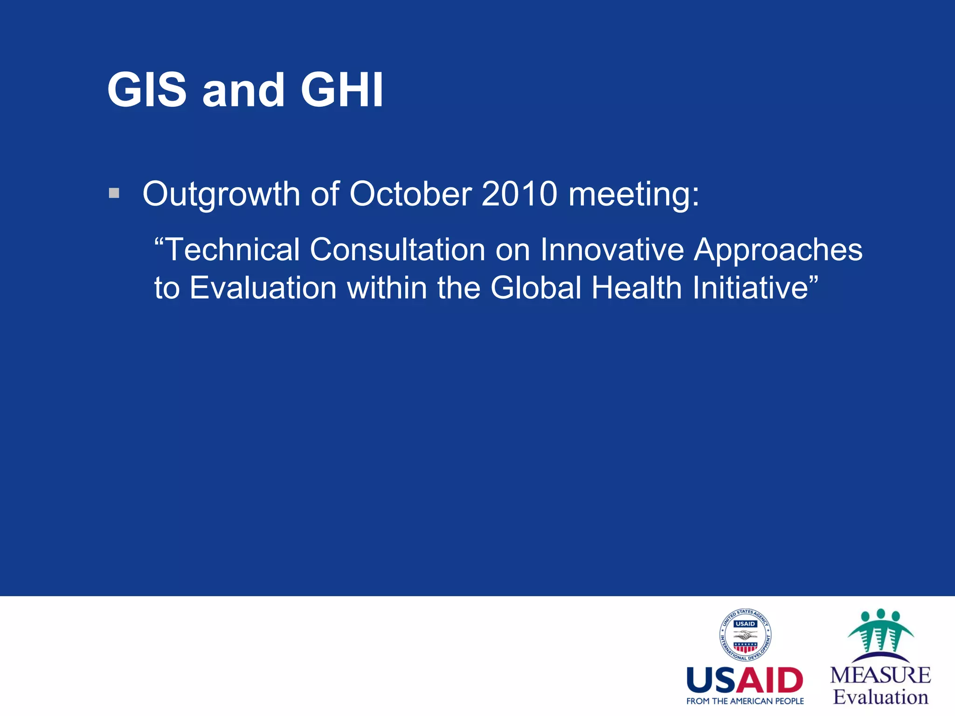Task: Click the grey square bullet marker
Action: pos(114,193)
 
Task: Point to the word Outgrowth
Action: pos(221,194)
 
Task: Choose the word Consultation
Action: pos(397,249)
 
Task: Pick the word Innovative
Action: pos(611,249)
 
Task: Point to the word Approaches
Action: pos(778,250)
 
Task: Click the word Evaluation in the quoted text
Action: pos(263,288)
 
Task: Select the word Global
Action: pos(536,288)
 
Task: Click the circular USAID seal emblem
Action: pos(745,635)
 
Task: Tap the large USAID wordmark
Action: pos(745,681)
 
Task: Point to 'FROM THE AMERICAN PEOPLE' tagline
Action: pos(745,701)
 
